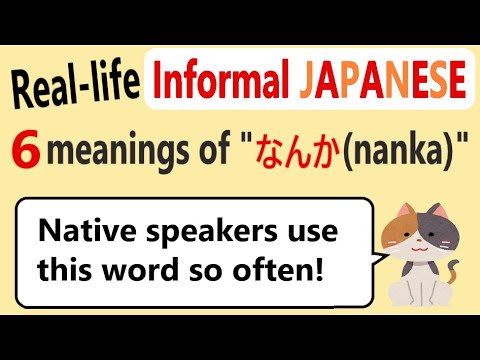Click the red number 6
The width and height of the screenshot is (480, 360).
click(27, 153)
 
